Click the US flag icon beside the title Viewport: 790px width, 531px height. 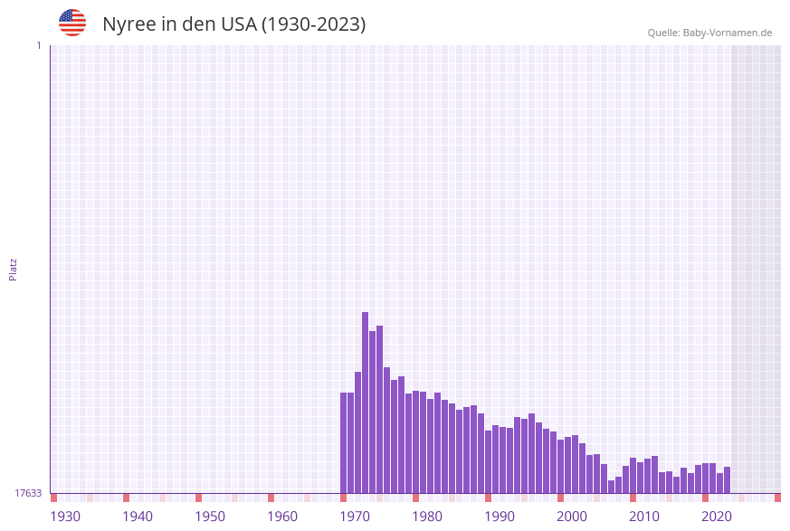click(x=72, y=23)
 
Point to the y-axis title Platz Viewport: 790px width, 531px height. click(x=14, y=269)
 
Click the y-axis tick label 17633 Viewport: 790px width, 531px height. click(x=28, y=493)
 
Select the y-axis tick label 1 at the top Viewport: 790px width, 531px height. click(x=38, y=45)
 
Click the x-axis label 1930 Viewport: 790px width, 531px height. click(x=65, y=517)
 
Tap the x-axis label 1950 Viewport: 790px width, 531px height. click(x=210, y=517)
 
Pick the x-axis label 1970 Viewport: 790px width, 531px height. click(x=355, y=517)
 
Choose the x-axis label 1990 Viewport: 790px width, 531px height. click(x=500, y=517)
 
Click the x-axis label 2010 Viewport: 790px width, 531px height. click(x=644, y=517)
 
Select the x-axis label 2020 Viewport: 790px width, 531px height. click(x=717, y=517)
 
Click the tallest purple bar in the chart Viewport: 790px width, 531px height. click(x=365, y=403)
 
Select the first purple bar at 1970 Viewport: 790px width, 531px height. click(x=343, y=443)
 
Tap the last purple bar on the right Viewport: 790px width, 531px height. click(x=727, y=480)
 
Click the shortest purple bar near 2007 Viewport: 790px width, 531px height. click(x=611, y=487)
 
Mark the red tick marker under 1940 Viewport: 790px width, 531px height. click(x=126, y=498)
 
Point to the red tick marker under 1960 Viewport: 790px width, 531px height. click(x=271, y=498)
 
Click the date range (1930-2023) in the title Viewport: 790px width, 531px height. click(x=313, y=24)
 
